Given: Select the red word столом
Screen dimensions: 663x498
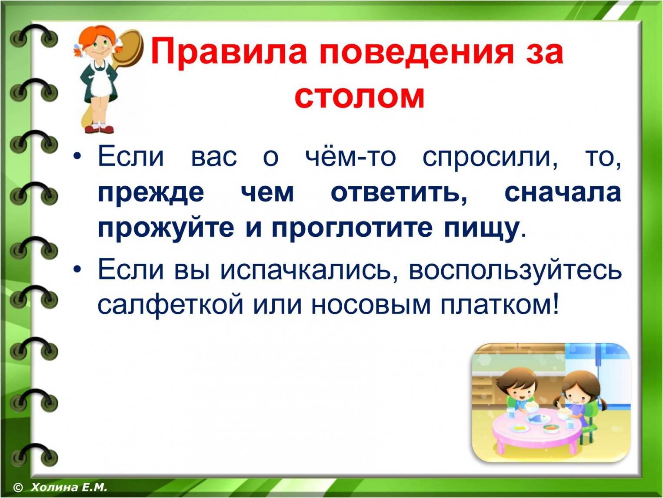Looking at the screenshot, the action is (x=360, y=97).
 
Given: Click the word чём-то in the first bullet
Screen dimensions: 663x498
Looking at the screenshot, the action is (x=350, y=158).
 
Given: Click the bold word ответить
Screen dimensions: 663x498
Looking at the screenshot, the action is (x=399, y=194).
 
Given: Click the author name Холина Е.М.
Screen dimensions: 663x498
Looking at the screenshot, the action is (x=69, y=487).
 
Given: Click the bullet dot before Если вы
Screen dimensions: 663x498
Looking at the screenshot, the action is (x=78, y=269).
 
